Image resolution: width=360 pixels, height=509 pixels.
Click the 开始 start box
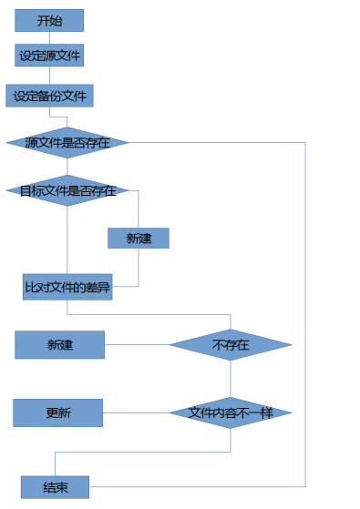(x=49, y=20)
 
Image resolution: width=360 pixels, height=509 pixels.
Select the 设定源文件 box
(x=49, y=56)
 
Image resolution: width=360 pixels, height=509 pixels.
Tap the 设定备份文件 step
(x=49, y=96)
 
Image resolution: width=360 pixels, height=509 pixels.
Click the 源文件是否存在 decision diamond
(x=67, y=143)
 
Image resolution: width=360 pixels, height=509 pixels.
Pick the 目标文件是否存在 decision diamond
(x=67, y=190)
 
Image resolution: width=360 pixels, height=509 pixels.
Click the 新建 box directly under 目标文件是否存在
(x=139, y=238)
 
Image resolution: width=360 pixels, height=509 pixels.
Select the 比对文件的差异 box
(x=67, y=287)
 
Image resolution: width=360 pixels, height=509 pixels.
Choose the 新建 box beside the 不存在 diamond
(x=59, y=345)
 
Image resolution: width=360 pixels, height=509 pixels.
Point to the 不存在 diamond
(x=230, y=345)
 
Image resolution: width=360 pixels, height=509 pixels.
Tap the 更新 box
(x=57, y=412)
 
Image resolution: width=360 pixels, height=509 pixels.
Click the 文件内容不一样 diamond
(x=230, y=412)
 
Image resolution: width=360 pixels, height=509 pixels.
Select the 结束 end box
(x=55, y=487)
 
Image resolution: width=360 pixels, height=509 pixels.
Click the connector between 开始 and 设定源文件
(x=49, y=38)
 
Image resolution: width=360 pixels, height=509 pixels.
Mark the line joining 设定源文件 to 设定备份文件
(x=49, y=76)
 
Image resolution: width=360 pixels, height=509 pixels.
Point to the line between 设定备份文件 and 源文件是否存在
(x=66, y=117)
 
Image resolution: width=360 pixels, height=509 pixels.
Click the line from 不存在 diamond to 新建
(x=137, y=345)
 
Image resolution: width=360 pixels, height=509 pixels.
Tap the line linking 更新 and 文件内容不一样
(x=136, y=412)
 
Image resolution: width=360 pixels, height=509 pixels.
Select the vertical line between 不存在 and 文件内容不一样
(x=230, y=379)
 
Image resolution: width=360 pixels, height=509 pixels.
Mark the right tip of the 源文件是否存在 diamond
(x=127, y=143)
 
